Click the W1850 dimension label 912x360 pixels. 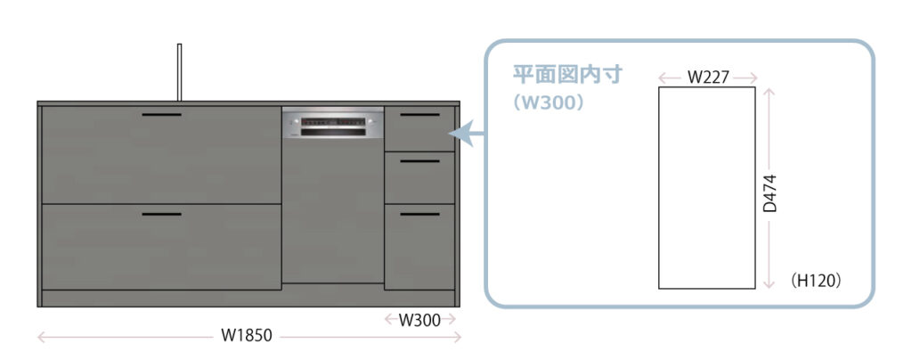point(247,336)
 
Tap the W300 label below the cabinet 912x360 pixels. point(419,320)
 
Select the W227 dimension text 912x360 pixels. point(708,78)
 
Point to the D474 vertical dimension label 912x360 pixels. point(771,192)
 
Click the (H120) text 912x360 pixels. point(816,281)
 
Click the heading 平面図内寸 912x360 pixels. point(566,75)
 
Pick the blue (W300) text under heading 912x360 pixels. point(549,102)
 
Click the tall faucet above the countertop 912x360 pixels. point(179,71)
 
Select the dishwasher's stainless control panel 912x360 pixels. point(332,124)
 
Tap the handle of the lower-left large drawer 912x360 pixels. point(161,215)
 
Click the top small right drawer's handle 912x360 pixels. point(419,116)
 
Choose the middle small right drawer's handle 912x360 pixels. point(419,161)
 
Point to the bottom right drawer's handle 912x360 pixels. point(419,215)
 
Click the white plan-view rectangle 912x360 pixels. point(706,187)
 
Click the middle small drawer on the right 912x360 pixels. point(419,178)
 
